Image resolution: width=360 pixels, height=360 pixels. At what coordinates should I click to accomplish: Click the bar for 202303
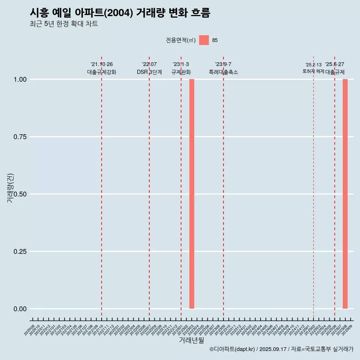(x=192, y=194)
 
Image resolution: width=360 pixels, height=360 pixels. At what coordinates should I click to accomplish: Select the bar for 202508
(x=345, y=194)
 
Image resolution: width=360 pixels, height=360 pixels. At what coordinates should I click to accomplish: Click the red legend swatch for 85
(x=204, y=40)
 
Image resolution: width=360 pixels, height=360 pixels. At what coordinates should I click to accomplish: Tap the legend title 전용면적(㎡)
(x=181, y=40)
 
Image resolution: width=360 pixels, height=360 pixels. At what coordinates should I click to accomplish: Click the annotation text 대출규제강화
(x=102, y=72)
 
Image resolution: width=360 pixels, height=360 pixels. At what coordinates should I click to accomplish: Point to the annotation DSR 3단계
(x=149, y=72)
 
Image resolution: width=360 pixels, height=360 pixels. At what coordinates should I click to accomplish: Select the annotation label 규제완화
(x=181, y=72)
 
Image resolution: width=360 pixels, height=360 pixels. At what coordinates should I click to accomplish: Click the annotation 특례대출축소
(x=223, y=72)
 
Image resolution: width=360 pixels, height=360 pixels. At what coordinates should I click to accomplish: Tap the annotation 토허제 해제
(x=313, y=71)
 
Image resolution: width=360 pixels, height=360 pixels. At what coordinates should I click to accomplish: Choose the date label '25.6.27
(x=334, y=64)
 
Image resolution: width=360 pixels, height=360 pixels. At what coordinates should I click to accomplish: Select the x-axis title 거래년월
(x=192, y=340)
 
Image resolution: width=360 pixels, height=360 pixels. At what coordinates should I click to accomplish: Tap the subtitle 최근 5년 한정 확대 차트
(x=64, y=24)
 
